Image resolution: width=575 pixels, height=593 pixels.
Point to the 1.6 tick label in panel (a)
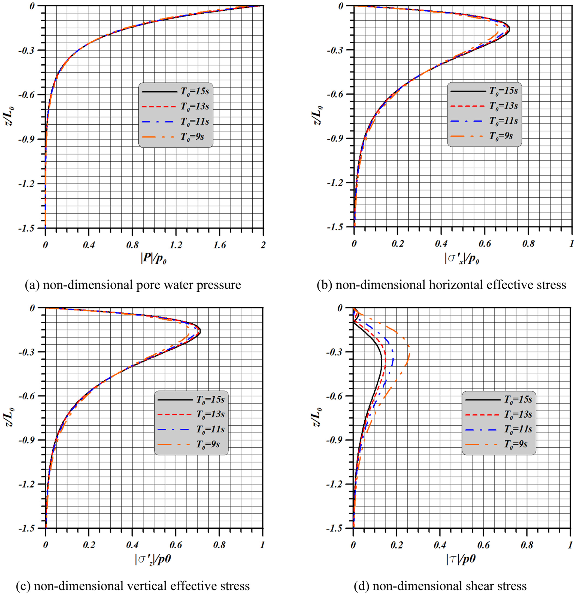(x=220, y=245)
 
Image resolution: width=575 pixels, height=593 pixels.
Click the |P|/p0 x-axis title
(x=154, y=260)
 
